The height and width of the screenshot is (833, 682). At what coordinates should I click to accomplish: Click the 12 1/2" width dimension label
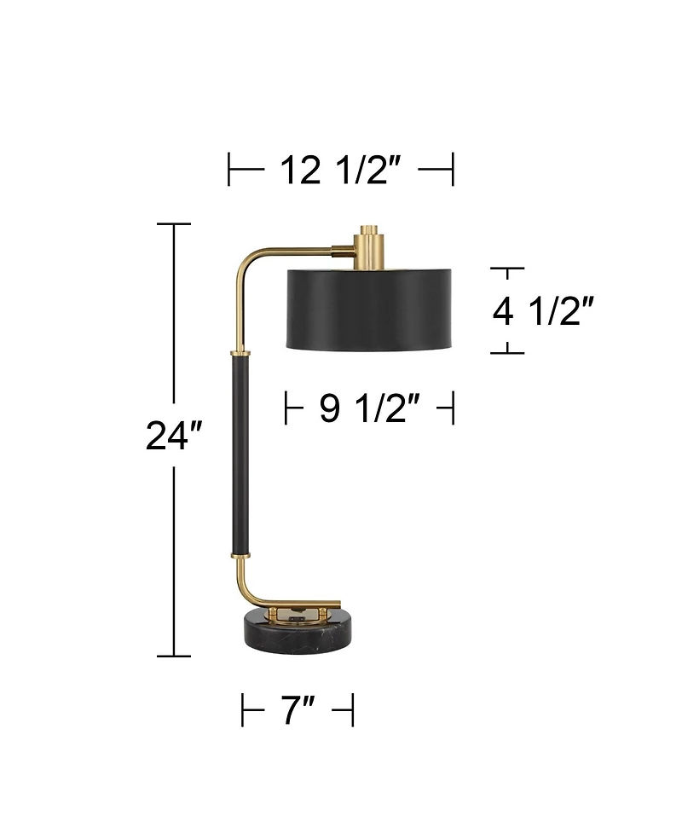pyautogui.click(x=340, y=170)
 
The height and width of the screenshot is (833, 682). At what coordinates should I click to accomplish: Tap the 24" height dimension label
pyautogui.click(x=174, y=436)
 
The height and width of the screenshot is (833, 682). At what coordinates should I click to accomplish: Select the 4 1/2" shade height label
pyautogui.click(x=542, y=312)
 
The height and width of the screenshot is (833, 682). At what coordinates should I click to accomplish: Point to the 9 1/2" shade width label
pyautogui.click(x=369, y=409)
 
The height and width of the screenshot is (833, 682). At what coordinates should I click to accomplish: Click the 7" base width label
pyautogui.click(x=298, y=710)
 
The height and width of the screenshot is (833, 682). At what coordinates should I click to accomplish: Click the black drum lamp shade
pyautogui.click(x=369, y=308)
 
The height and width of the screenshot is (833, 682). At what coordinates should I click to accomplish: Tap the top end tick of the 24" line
pyautogui.click(x=174, y=224)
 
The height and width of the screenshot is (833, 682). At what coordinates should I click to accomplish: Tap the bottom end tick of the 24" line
pyautogui.click(x=174, y=656)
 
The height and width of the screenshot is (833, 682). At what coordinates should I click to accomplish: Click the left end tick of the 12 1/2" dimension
pyautogui.click(x=229, y=169)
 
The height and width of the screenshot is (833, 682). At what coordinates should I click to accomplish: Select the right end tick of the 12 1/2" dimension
pyautogui.click(x=453, y=169)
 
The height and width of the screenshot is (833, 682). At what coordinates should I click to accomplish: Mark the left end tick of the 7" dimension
pyautogui.click(x=243, y=710)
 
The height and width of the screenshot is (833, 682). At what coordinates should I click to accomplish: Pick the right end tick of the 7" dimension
pyautogui.click(x=352, y=710)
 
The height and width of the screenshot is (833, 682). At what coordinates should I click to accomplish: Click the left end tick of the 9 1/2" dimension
pyautogui.click(x=286, y=408)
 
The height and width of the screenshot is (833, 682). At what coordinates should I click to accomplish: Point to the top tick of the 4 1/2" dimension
pyautogui.click(x=508, y=269)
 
